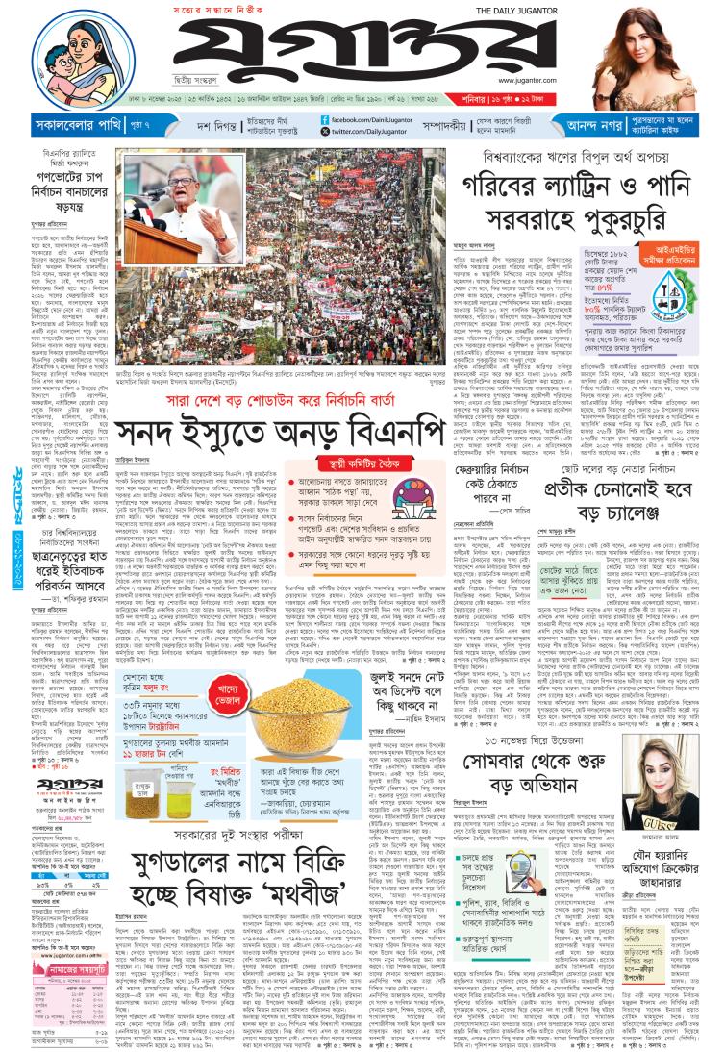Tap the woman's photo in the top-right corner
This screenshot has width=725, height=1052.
click(664, 48)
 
